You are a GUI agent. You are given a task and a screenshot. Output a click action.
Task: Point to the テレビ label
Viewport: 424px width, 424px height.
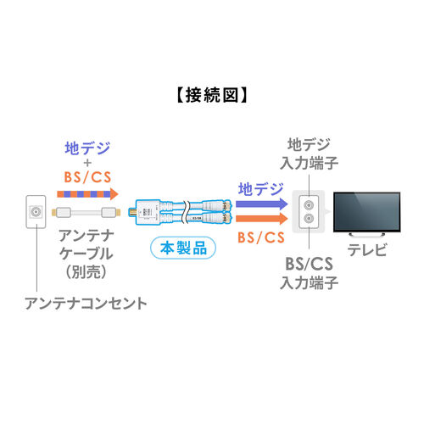pos(366,249)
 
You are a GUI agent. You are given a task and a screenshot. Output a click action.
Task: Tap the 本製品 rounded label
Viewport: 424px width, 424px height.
pos(183,248)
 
